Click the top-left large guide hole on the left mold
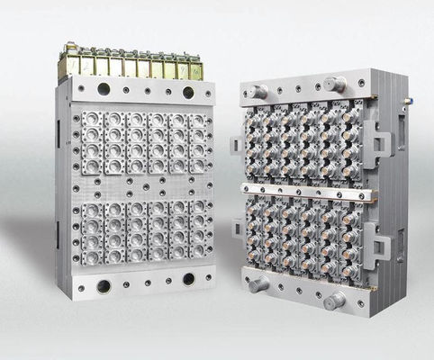coord(104,90)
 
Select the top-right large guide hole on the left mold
coord(188,92)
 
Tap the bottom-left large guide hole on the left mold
coord(104,285)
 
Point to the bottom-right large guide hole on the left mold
coord(188,280)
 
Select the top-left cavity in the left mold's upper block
coord(92,120)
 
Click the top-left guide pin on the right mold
coord(259,92)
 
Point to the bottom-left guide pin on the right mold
coord(260,283)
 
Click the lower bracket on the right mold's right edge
coord(382,242)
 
